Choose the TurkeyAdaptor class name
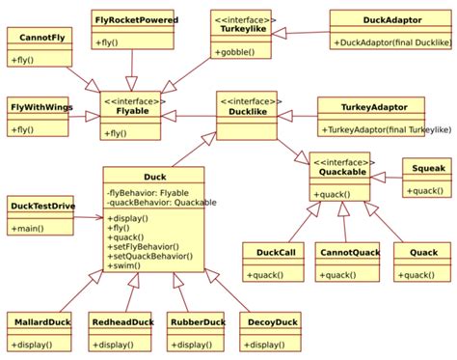click(x=369, y=105)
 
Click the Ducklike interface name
click(x=246, y=113)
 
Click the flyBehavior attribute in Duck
click(x=148, y=193)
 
